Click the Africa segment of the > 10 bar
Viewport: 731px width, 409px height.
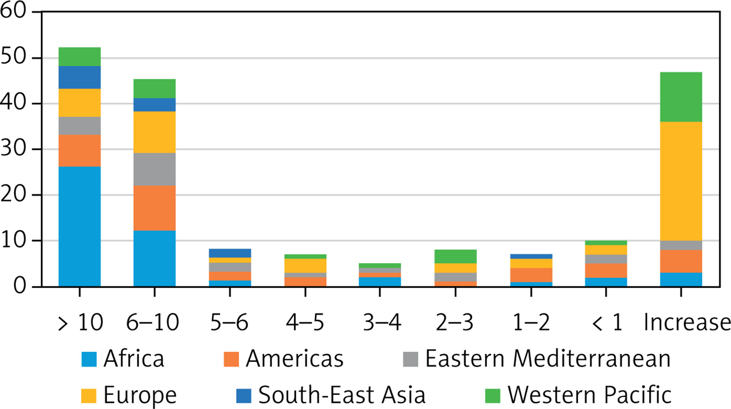tap(80, 226)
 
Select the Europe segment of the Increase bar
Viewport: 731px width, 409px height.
tap(681, 181)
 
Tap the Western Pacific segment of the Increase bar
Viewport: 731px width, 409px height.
tap(681, 97)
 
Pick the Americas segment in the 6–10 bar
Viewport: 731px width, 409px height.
tap(155, 208)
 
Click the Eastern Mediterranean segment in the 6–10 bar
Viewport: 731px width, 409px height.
tap(155, 169)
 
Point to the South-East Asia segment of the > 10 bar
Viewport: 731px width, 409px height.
tap(80, 77)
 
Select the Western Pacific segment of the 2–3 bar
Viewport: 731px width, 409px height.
tap(456, 257)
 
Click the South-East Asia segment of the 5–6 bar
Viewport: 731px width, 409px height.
tap(230, 253)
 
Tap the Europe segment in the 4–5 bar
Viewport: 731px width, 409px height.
tap(306, 266)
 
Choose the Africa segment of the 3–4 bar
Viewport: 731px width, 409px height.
tap(380, 282)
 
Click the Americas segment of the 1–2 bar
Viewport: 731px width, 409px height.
tap(531, 275)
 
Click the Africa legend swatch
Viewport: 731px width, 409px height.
tap(89, 359)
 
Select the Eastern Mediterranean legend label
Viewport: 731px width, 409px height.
tap(548, 359)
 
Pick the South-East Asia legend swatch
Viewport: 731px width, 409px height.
tap(244, 396)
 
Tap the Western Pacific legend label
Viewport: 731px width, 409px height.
tap(589, 395)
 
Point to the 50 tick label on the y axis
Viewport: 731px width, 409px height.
tap(13, 57)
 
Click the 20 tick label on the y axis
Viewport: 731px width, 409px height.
tap(13, 195)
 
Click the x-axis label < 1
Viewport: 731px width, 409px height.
tap(607, 322)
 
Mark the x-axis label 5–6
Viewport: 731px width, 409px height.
tap(229, 322)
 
